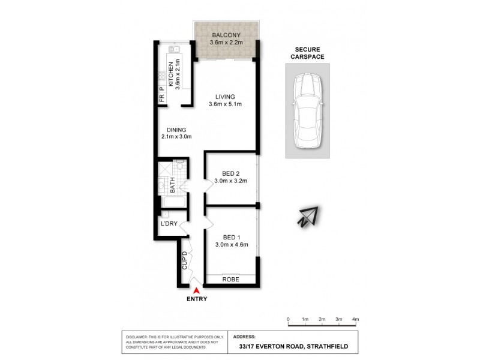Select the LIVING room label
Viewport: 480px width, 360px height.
(226, 97)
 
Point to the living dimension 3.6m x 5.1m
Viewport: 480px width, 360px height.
(226, 105)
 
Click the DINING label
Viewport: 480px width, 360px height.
(176, 130)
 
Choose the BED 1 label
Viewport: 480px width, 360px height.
(227, 236)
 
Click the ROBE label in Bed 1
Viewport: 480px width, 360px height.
(231, 279)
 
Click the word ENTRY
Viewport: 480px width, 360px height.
(197, 299)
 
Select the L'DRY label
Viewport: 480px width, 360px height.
(169, 224)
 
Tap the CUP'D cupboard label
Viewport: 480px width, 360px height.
(185, 261)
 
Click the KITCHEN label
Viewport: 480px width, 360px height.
(171, 75)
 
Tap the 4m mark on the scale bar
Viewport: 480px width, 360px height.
(355, 319)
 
